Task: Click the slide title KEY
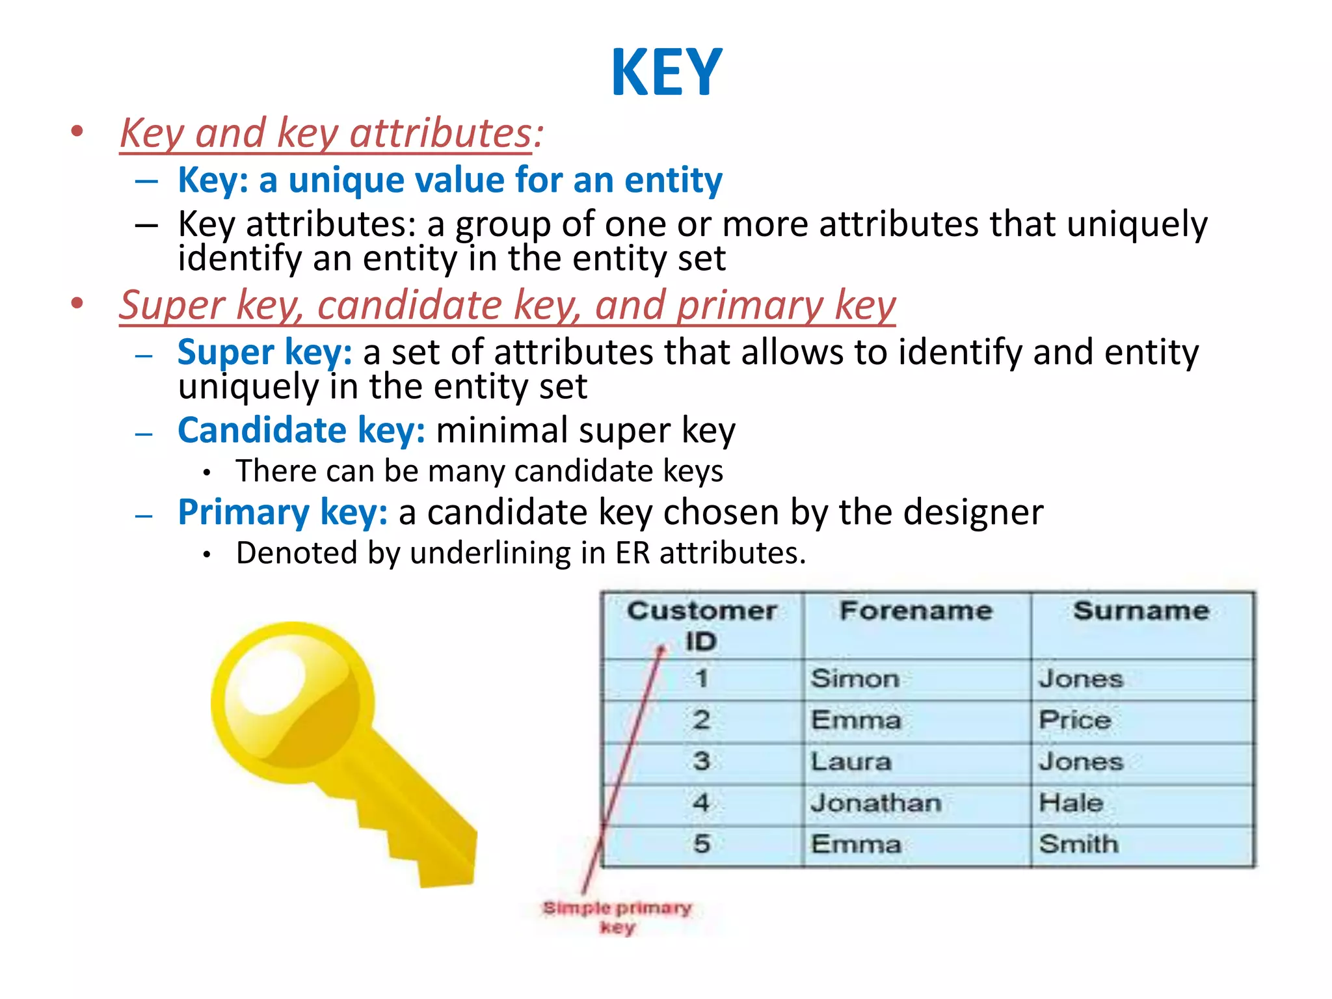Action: pyautogui.click(x=667, y=72)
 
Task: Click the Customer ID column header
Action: pyautogui.click(x=702, y=625)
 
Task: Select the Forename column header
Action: pyautogui.click(x=916, y=611)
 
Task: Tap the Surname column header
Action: pyautogui.click(x=1141, y=611)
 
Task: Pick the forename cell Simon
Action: pyautogui.click(x=855, y=679)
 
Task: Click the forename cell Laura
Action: pyautogui.click(x=851, y=762)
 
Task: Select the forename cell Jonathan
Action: pyautogui.click(x=875, y=803)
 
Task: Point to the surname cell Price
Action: pyautogui.click(x=1074, y=720)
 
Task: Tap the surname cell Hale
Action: pyautogui.click(x=1071, y=803)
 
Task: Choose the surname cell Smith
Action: pyautogui.click(x=1078, y=844)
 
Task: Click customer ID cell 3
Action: pyautogui.click(x=701, y=762)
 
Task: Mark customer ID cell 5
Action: pyautogui.click(x=701, y=844)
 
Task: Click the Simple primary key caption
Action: pyautogui.click(x=617, y=916)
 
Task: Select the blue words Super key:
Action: pyautogui.click(x=265, y=353)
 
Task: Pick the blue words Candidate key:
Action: pyautogui.click(x=301, y=431)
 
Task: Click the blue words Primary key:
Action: pyautogui.click(x=282, y=513)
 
